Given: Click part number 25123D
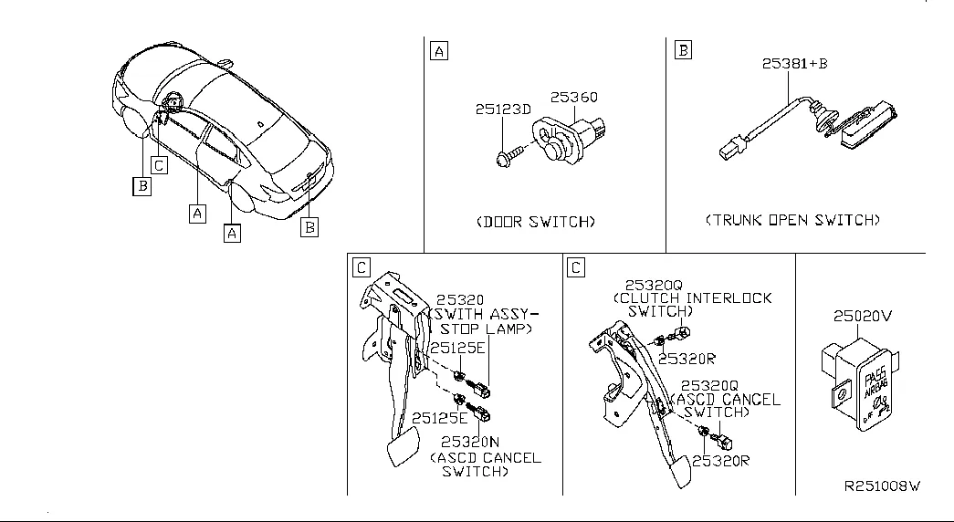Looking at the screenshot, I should point(502,110).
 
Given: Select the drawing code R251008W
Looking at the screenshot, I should point(880,487).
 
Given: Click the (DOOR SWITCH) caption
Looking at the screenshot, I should point(536,222).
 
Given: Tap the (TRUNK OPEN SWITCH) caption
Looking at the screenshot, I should point(792,220).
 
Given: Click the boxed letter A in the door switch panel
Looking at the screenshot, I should point(438,51).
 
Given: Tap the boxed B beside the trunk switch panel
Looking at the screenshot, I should point(682,50).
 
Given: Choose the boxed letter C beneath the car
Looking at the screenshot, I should point(159,165).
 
